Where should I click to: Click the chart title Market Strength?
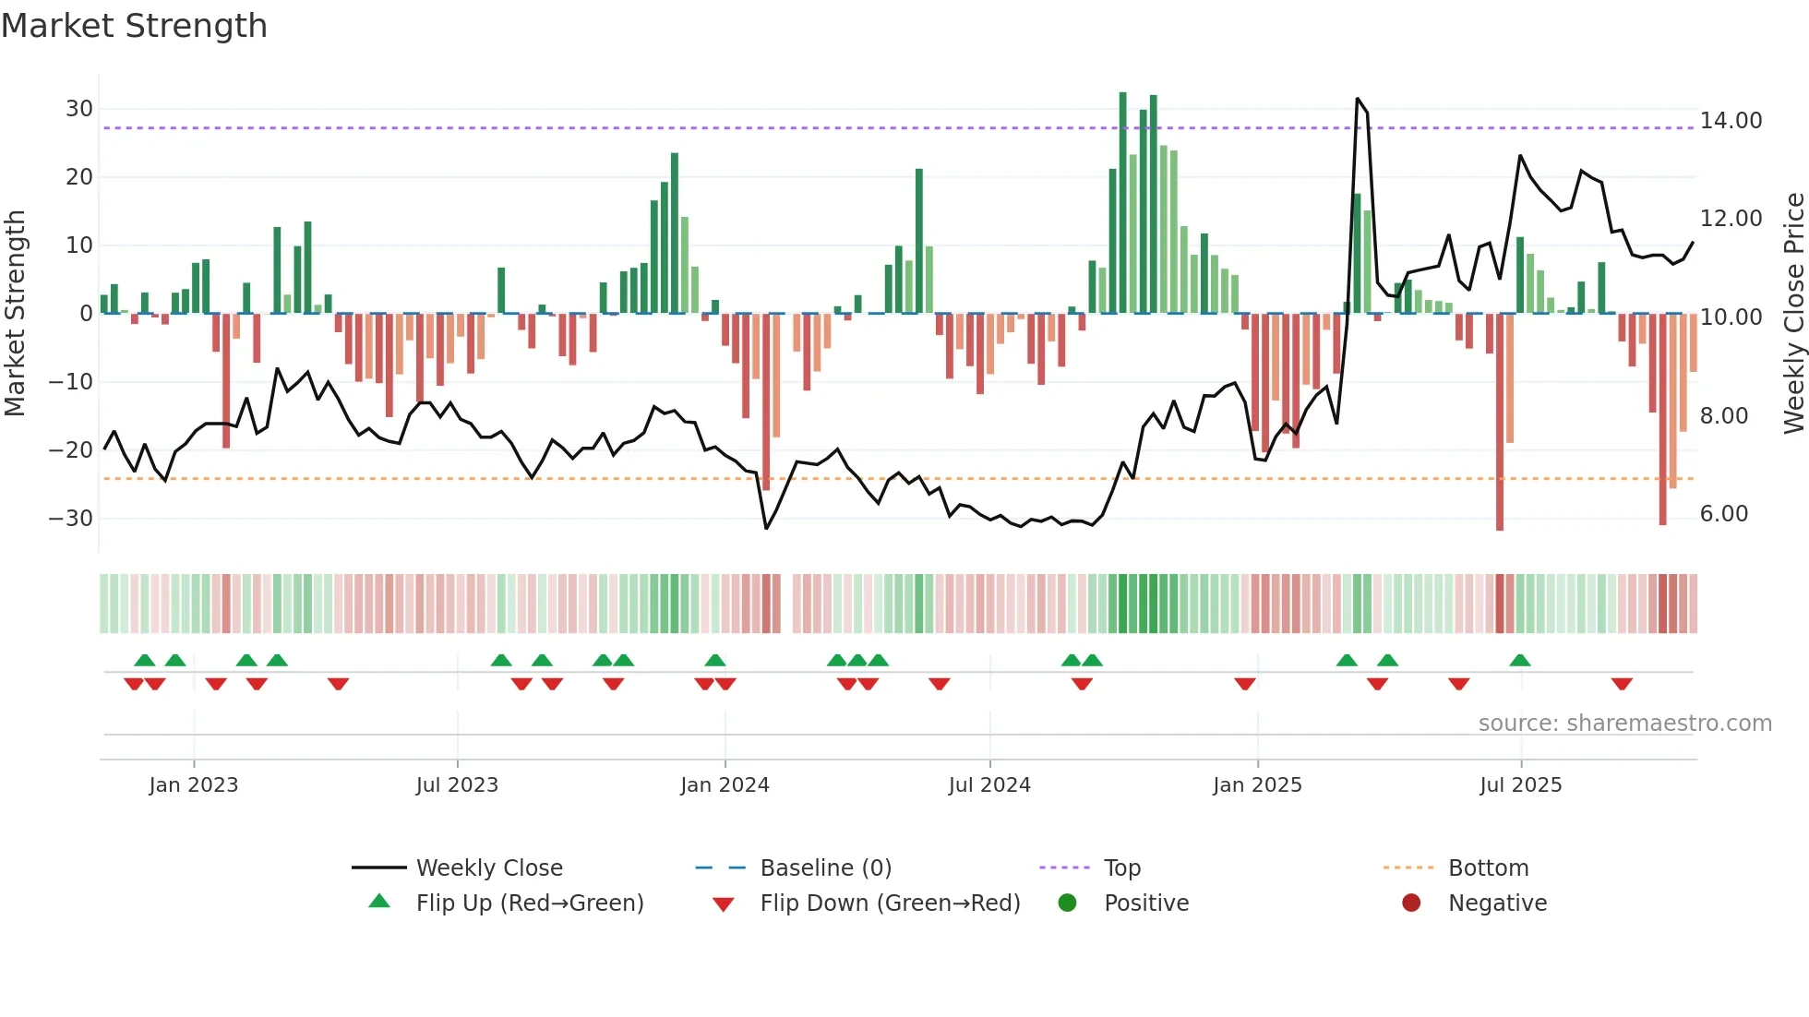[x=134, y=26]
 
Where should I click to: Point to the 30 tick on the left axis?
[x=79, y=109]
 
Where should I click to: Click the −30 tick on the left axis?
[x=71, y=519]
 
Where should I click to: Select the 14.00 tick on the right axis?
[x=1731, y=121]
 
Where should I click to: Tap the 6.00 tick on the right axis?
[x=1724, y=514]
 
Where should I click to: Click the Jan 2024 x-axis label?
[x=725, y=785]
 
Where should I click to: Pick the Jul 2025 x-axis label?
[x=1520, y=785]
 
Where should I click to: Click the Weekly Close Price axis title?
[x=1793, y=313]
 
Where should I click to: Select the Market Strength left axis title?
[x=15, y=313]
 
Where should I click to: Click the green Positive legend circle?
[x=1068, y=903]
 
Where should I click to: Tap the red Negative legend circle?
[x=1411, y=903]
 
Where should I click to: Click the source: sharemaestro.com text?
[x=1624, y=724]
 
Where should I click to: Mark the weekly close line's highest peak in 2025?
[x=1357, y=99]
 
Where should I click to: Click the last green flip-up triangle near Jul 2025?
[x=1520, y=660]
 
